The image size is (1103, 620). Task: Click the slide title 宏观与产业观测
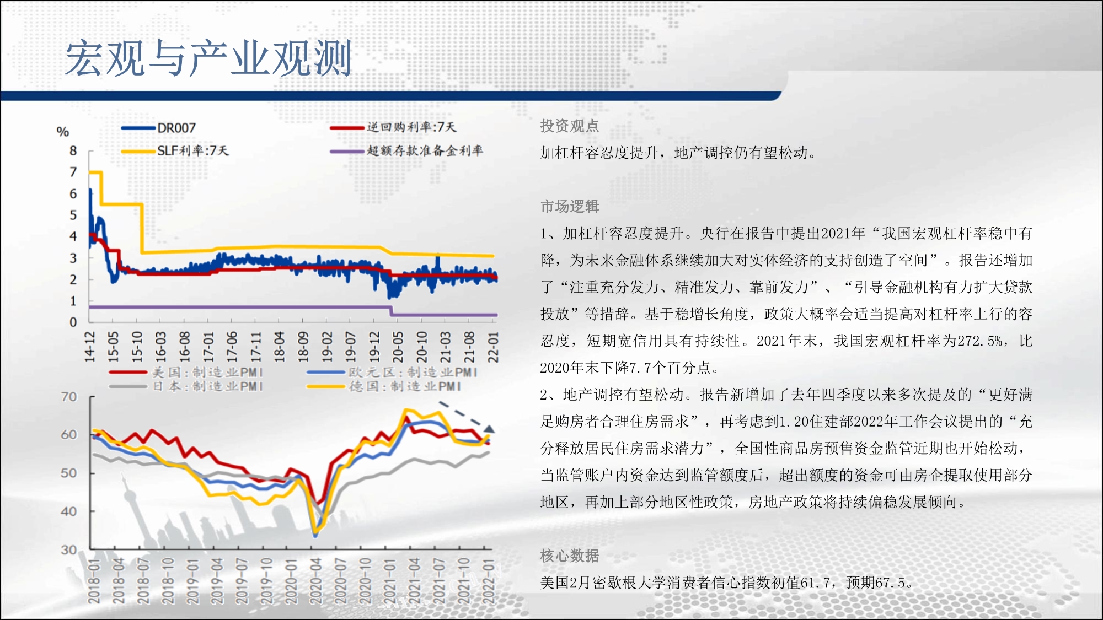point(208,58)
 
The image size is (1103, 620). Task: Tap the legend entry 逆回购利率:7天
point(393,127)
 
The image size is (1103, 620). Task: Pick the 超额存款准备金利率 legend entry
point(406,150)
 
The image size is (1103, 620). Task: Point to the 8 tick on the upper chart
point(73,151)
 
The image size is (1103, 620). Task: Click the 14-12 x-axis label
point(89,347)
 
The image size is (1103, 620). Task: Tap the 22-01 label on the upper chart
point(493,347)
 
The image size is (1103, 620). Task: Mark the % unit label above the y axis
point(63,132)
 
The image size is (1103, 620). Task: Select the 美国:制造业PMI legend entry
point(186,373)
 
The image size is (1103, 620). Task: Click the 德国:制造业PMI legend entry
point(384,386)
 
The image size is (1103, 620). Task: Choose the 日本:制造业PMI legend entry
point(186,386)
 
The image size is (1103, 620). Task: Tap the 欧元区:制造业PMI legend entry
point(392,373)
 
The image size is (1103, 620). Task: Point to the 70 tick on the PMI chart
point(69,397)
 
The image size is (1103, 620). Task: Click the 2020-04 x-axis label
point(316,581)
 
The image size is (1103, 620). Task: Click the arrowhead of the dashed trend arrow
point(489,429)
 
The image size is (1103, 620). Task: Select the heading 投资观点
point(570,126)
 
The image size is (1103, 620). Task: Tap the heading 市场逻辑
point(570,207)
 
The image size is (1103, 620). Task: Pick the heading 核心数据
point(570,556)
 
